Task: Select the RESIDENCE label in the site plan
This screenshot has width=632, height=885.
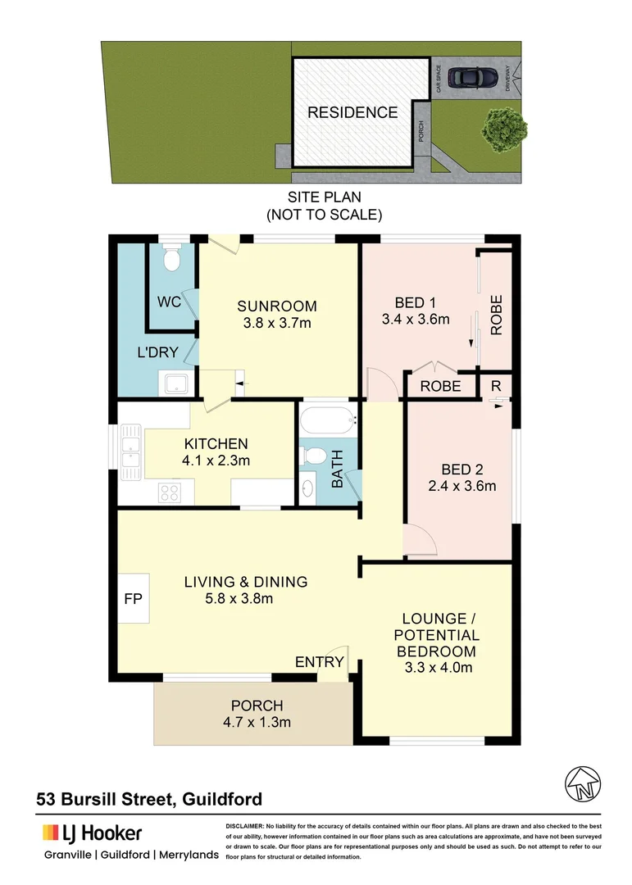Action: (352, 113)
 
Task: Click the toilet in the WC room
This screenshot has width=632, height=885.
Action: (171, 259)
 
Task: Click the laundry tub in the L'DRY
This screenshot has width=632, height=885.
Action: (175, 383)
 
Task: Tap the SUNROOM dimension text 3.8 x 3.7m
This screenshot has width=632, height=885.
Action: (277, 323)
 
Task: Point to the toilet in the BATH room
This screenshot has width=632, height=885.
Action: (312, 456)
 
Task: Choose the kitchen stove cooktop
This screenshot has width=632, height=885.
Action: (170, 492)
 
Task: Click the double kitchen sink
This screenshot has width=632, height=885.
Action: (130, 452)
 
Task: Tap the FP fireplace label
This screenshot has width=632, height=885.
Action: (133, 598)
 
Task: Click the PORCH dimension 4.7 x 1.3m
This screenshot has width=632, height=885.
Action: (257, 722)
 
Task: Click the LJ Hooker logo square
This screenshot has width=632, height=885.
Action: (50, 833)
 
